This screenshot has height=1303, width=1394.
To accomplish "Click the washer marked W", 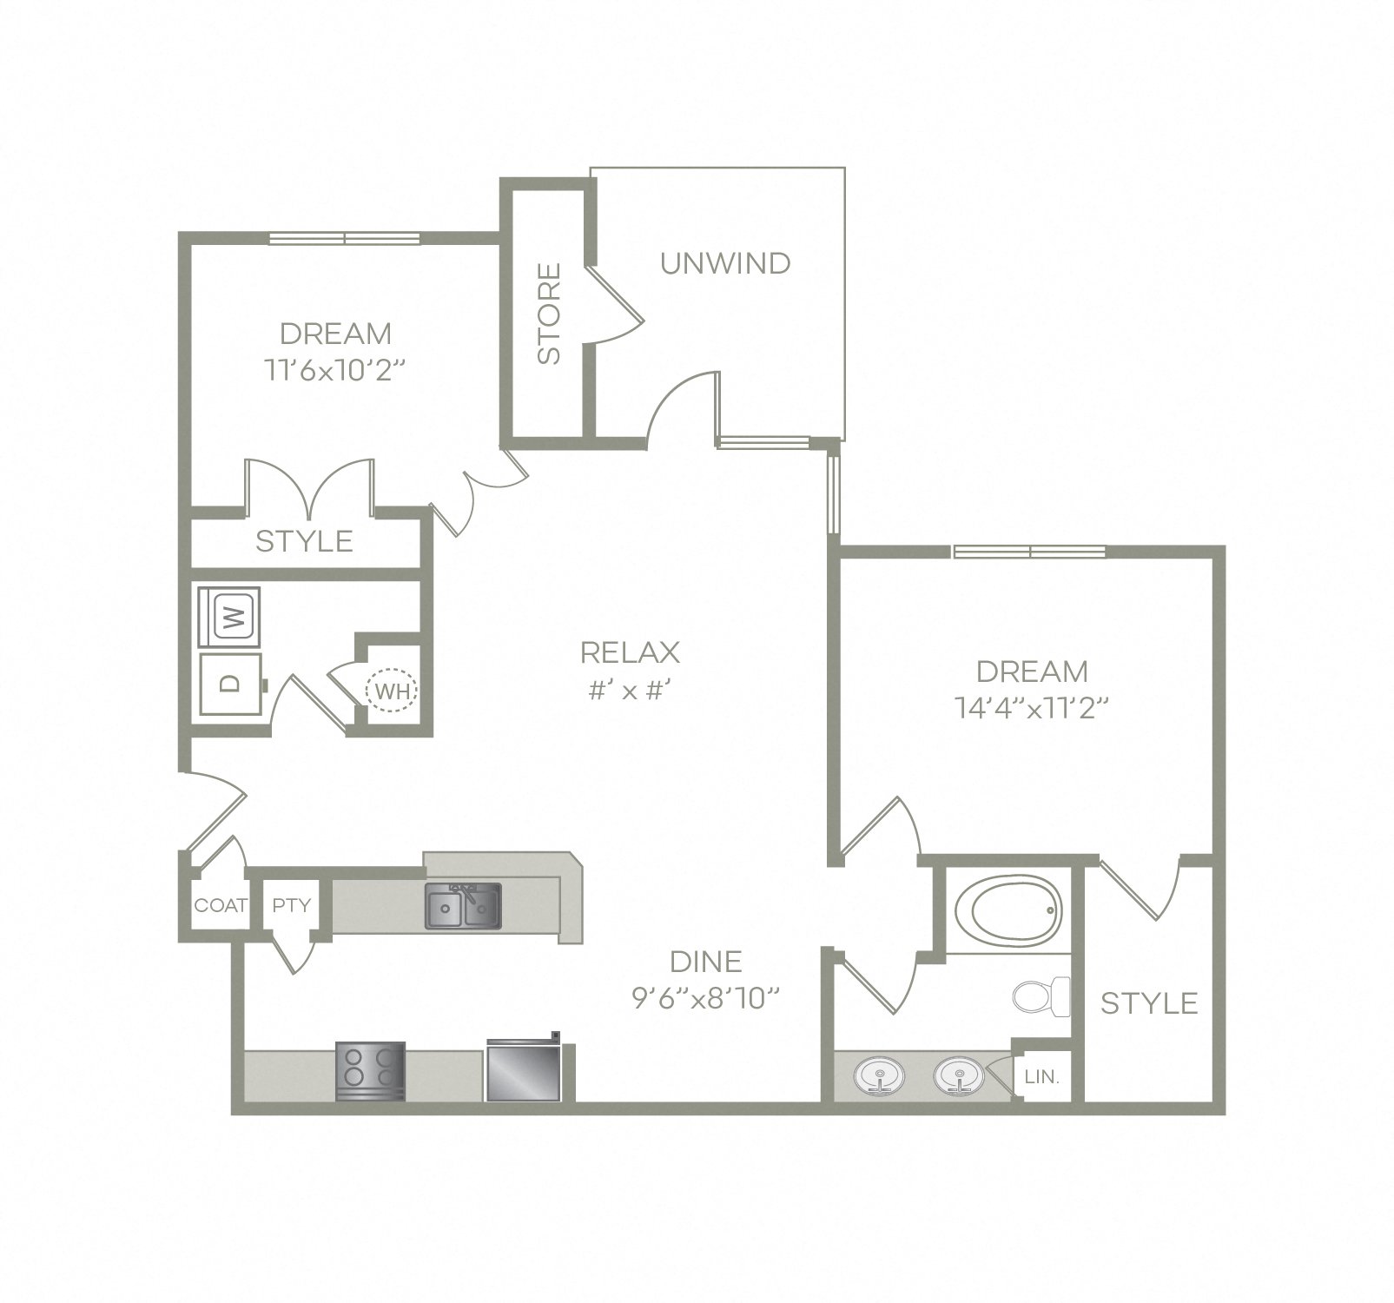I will (230, 618).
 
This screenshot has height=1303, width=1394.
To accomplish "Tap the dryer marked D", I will (230, 684).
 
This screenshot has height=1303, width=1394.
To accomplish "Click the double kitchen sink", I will (462, 907).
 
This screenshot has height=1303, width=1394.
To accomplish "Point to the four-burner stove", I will (370, 1071).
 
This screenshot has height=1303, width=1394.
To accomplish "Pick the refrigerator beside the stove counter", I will (524, 1070).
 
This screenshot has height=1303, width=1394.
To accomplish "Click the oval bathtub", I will (1008, 910).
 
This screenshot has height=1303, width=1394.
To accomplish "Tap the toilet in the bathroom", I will (1042, 996).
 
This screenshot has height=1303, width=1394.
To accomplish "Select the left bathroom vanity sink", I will (880, 1077).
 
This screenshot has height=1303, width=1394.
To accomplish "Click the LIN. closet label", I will (1042, 1077).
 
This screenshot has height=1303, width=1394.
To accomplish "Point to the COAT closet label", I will (221, 905).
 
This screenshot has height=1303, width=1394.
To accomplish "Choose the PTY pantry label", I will (291, 905).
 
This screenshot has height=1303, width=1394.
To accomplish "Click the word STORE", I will (549, 314).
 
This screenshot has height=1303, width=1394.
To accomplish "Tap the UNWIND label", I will (725, 263).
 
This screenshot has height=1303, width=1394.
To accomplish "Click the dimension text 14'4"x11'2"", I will (1032, 708).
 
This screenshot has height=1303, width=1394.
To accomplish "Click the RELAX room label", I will (630, 651).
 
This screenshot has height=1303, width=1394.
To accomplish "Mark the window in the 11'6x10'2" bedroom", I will (345, 238).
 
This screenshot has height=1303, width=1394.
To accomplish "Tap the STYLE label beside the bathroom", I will (1149, 1003).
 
